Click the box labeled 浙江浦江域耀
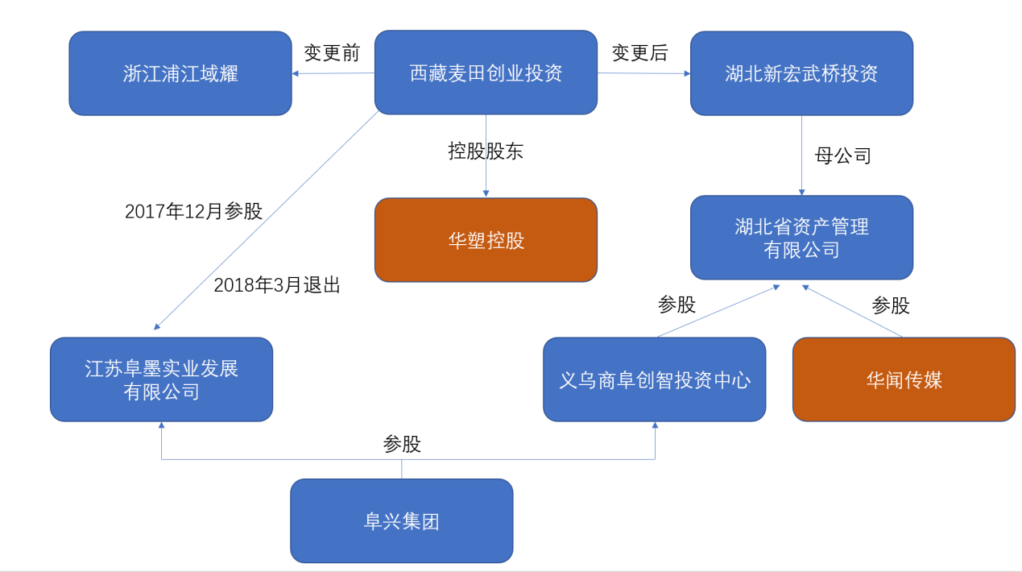[180, 73]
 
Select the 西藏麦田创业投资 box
[486, 73]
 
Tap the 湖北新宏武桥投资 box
[801, 73]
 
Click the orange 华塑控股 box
[486, 240]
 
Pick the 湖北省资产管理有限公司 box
[801, 238]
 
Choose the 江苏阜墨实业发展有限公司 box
[161, 379]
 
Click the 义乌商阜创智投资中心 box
[654, 379]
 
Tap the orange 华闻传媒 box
[904, 379]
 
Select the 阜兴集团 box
[401, 520]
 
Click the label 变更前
[332, 53]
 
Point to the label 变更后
[639, 53]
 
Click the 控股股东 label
[486, 151]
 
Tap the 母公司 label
[843, 155]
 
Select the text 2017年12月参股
[193, 212]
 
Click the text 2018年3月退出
[277, 285]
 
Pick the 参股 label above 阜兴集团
[402, 444]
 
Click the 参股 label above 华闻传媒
[891, 305]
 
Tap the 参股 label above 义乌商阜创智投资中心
[677, 305]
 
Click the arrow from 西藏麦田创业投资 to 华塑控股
[486, 173]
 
